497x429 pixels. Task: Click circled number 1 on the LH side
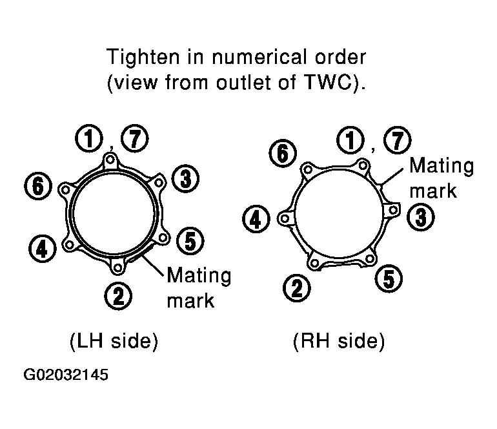(x=89, y=139)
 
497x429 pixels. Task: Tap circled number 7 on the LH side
(x=135, y=139)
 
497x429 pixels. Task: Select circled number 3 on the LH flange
(x=185, y=178)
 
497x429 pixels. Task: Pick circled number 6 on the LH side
(x=38, y=185)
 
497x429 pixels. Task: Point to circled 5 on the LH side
(x=190, y=241)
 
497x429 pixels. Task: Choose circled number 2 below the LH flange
(x=118, y=297)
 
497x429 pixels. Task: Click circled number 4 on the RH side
(x=256, y=219)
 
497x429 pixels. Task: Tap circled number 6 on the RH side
(x=283, y=153)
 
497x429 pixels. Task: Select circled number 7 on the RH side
(x=398, y=140)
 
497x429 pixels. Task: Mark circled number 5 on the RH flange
(x=389, y=278)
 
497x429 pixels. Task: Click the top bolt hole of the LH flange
(x=110, y=160)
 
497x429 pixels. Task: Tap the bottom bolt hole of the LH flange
(x=117, y=267)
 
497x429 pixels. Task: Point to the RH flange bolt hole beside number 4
(x=285, y=218)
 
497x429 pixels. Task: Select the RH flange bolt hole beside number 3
(x=392, y=210)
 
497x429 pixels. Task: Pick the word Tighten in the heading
(x=143, y=58)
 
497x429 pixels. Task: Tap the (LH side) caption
(x=114, y=341)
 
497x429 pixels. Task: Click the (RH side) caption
(x=339, y=341)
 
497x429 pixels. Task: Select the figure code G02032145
(x=66, y=375)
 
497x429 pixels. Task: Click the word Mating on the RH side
(x=441, y=166)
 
